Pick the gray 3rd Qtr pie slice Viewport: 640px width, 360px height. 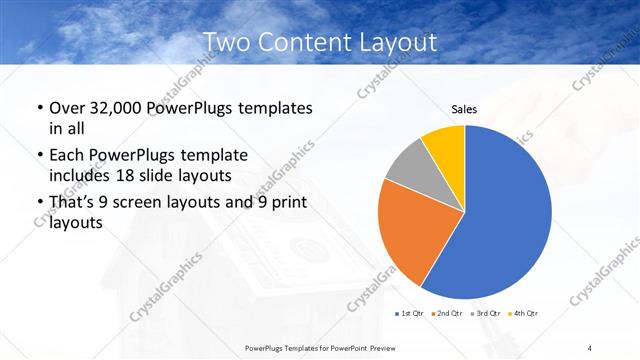(x=408, y=167)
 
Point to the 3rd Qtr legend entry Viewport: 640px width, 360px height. (x=487, y=314)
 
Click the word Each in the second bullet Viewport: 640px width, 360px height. (x=67, y=155)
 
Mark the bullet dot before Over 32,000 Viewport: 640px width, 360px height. (x=39, y=108)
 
